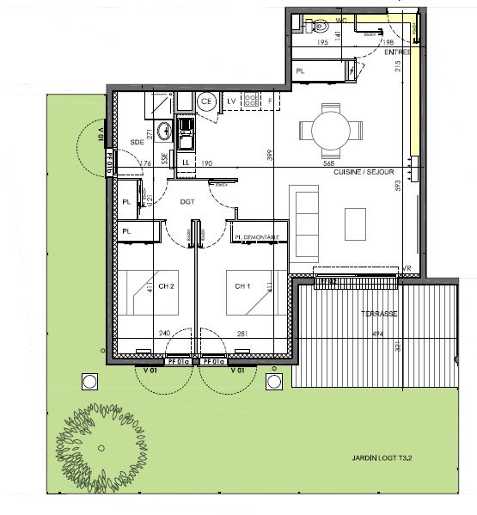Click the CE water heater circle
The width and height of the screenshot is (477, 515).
(206, 101)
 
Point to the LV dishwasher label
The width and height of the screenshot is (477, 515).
(231, 101)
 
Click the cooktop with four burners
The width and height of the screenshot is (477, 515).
(250, 101)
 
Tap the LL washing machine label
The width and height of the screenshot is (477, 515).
(187, 161)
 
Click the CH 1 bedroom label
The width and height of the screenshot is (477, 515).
(242, 286)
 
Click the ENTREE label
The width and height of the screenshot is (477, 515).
(398, 52)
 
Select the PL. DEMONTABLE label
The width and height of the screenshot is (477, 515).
(260, 237)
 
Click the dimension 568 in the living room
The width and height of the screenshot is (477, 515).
(327, 162)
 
